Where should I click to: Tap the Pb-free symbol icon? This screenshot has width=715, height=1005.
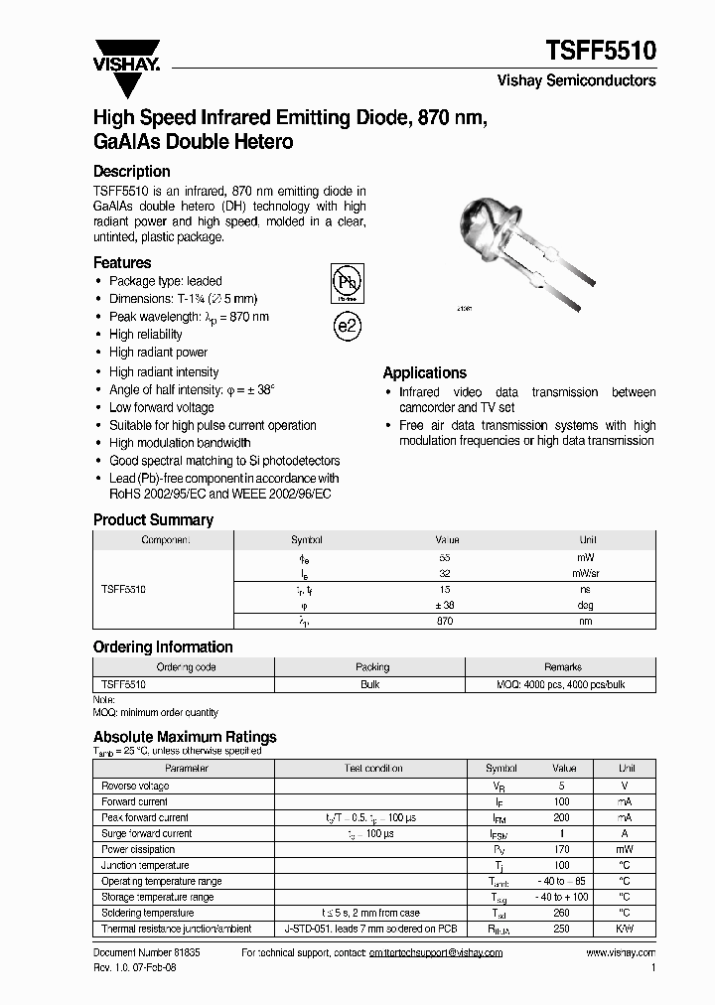tap(346, 283)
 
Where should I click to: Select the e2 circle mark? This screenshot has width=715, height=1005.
tap(347, 327)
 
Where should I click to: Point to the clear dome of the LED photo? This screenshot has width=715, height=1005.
tap(477, 222)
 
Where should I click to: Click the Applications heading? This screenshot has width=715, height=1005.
tap(424, 372)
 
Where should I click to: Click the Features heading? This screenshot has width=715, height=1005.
tap(122, 262)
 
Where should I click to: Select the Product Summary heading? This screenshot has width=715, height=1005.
tap(153, 519)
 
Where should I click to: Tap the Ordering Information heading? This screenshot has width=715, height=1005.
tap(163, 646)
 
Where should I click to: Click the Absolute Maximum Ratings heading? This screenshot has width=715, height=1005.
tap(185, 737)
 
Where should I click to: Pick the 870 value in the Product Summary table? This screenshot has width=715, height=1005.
tap(445, 621)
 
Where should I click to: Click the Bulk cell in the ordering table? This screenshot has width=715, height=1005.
tap(372, 684)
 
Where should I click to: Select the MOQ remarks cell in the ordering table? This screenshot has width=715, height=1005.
tap(562, 684)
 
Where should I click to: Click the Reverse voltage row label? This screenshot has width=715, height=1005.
tap(135, 786)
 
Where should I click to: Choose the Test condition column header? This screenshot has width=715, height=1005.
tap(373, 769)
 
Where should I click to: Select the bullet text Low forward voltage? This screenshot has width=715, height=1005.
tap(162, 407)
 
